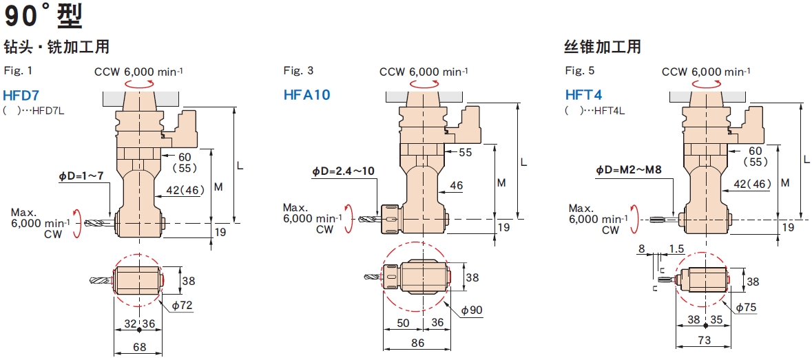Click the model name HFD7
tap(21, 95)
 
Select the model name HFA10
tap(307, 95)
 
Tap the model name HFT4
tap(583, 95)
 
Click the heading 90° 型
tap(43, 16)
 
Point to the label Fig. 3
tap(299, 71)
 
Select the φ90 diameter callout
tap(472, 310)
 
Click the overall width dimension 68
tap(139, 347)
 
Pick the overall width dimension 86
tap(416, 342)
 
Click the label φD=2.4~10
tap(343, 171)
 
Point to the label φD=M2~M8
tap(628, 169)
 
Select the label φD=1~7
tap(81, 177)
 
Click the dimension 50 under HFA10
tap(403, 323)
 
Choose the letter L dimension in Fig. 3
tap(523, 162)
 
